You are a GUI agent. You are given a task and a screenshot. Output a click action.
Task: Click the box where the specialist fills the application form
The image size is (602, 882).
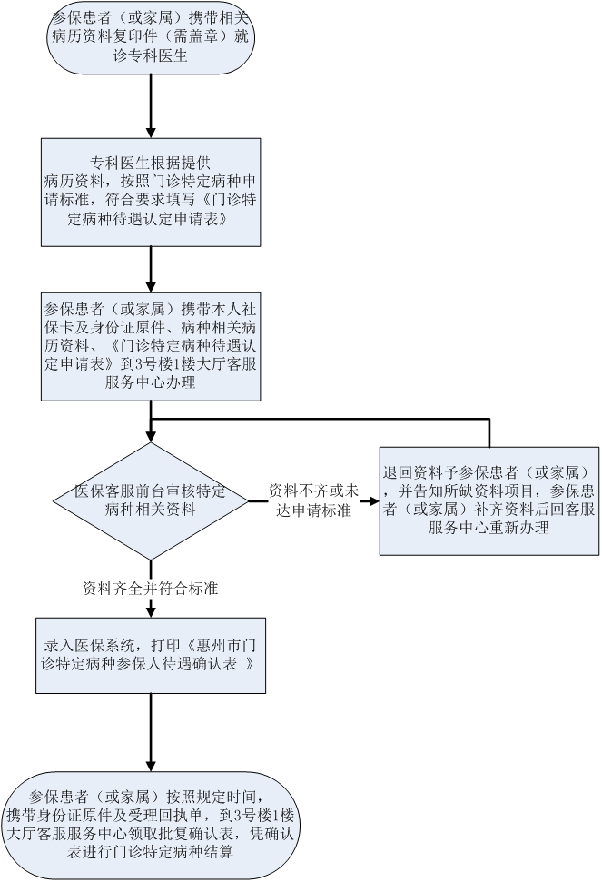tap(150, 191)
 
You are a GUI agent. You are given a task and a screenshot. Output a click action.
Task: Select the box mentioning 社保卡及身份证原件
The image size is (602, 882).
tap(150, 346)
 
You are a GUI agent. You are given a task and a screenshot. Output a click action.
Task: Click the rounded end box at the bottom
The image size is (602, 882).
tap(150, 826)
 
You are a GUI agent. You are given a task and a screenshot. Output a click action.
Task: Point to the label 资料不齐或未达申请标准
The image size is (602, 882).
tap(313, 500)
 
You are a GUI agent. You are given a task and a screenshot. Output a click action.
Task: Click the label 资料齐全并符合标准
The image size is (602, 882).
tap(150, 588)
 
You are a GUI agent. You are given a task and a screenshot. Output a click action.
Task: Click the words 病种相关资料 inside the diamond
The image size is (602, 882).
tap(150, 510)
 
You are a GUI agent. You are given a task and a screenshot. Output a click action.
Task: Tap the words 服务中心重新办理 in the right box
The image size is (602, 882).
tap(489, 528)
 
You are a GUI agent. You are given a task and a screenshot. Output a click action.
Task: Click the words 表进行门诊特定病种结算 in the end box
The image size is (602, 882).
tap(150, 853)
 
